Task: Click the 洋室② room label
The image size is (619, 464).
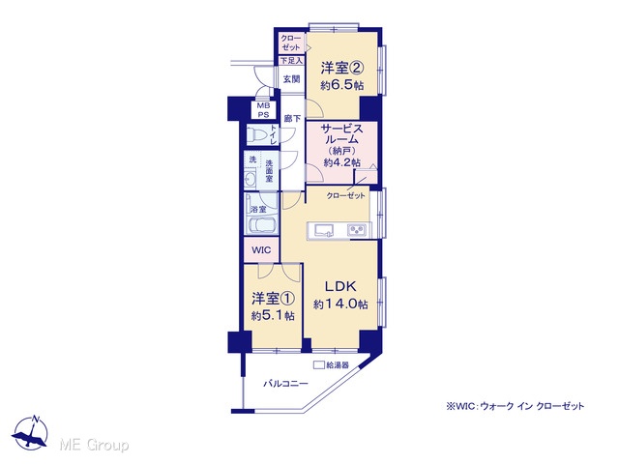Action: [x=341, y=68]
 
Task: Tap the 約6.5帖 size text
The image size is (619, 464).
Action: [x=341, y=86]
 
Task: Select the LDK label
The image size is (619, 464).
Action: [x=340, y=286]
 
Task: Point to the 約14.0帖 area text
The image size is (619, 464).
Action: [x=340, y=304]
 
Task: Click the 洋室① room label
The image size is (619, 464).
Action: [x=273, y=299]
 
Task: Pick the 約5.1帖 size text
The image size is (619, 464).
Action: [x=273, y=316]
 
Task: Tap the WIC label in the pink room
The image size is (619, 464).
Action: [x=261, y=250]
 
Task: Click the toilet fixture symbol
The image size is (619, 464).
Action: [x=257, y=135]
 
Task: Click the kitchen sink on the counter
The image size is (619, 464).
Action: [x=324, y=230]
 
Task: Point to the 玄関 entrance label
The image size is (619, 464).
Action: [x=292, y=79]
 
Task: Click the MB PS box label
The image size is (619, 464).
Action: [x=263, y=110]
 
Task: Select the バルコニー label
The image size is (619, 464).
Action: [x=286, y=383]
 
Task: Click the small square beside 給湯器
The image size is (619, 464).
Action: [x=319, y=365]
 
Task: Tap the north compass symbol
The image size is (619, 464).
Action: [x=31, y=433]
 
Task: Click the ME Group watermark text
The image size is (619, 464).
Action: [x=94, y=445]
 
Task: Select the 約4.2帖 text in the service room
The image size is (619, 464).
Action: [x=341, y=162]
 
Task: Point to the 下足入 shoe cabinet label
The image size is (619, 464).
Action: [x=291, y=61]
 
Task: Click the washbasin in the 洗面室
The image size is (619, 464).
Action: [x=250, y=180]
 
